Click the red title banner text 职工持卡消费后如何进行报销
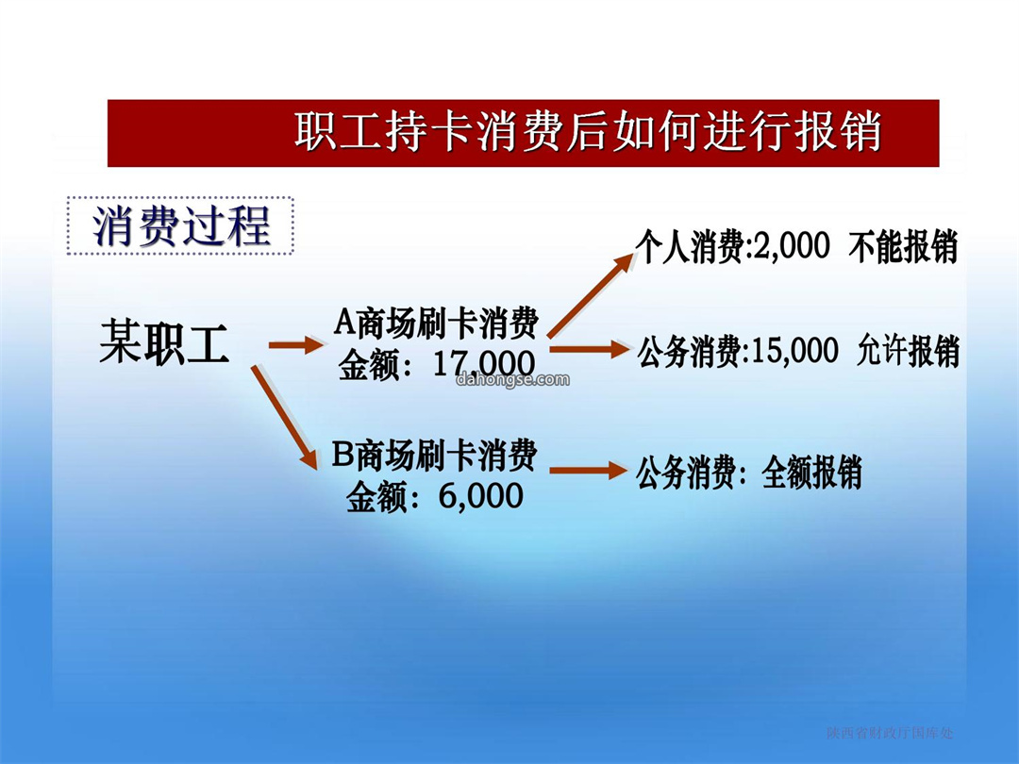588,132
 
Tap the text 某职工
164,341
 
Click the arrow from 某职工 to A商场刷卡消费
295,344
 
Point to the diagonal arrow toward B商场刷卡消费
284,417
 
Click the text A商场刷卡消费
436,323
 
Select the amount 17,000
483,364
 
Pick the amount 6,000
481,496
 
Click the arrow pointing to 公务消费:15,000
590,350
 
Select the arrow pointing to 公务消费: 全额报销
589,470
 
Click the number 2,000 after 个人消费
791,247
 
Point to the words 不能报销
903,247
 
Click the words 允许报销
909,351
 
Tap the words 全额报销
811,472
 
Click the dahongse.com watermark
512,379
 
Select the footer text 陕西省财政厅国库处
891,733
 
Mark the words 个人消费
689,247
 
